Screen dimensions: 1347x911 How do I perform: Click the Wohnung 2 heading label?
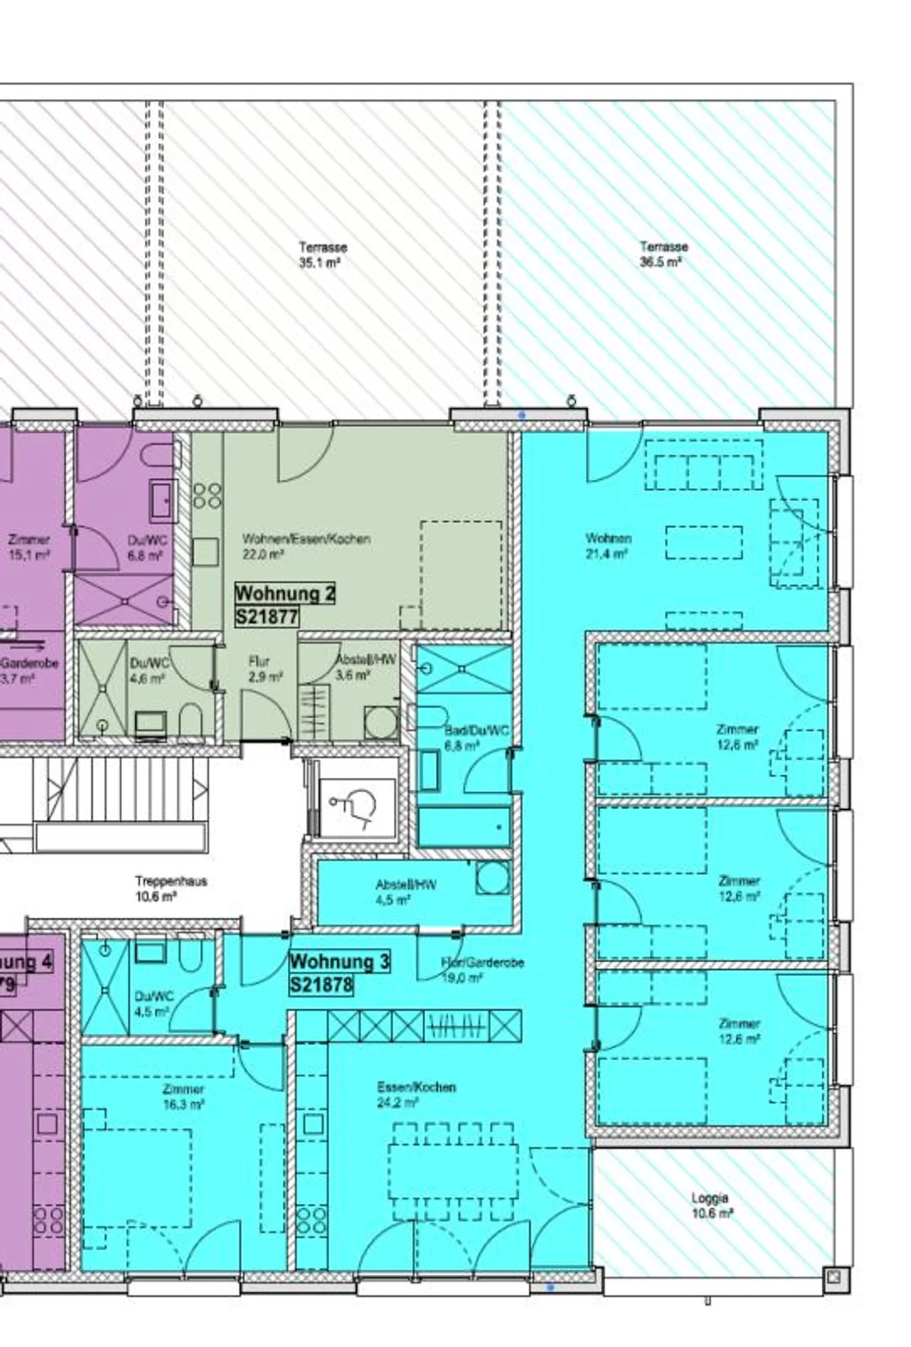pyautogui.click(x=284, y=593)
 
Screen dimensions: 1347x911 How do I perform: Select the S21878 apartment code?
pyautogui.click(x=321, y=984)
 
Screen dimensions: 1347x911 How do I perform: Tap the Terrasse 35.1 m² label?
pyautogui.click(x=322, y=254)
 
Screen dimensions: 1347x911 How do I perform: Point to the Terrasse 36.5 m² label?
pyautogui.click(x=662, y=254)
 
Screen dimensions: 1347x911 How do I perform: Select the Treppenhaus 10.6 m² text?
pyautogui.click(x=170, y=888)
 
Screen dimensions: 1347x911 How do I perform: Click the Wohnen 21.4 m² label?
pyautogui.click(x=607, y=546)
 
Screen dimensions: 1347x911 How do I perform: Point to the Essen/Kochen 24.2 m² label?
pyautogui.click(x=416, y=1095)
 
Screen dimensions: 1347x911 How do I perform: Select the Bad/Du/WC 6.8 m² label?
pyautogui.click(x=476, y=738)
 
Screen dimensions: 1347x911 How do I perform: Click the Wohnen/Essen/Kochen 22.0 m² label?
pyautogui.click(x=306, y=546)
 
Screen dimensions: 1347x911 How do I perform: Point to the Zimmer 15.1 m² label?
pyautogui.click(x=29, y=547)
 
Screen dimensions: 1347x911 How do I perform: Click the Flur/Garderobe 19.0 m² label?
pyautogui.click(x=482, y=969)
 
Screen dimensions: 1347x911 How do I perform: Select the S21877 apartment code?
pyautogui.click(x=266, y=616)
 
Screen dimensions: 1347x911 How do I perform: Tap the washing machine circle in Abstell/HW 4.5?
pyautogui.click(x=492, y=878)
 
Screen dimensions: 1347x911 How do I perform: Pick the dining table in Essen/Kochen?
pyautogui.click(x=452, y=1170)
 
